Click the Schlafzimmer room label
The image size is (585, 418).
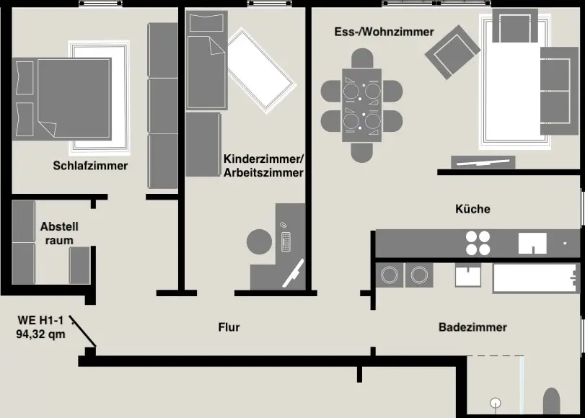click(x=90, y=166)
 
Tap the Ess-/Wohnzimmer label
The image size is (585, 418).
click(x=384, y=32)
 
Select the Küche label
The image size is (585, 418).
click(x=472, y=209)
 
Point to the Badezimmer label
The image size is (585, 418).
click(x=472, y=327)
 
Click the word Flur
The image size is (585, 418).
click(x=229, y=327)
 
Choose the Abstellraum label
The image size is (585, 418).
click(x=59, y=233)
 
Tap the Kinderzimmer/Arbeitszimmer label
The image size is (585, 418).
click(x=263, y=166)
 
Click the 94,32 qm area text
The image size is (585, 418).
click(x=40, y=334)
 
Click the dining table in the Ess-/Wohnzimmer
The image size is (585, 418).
click(x=361, y=105)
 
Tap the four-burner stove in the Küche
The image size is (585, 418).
click(x=478, y=243)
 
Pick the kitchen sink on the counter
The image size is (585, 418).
click(x=532, y=244)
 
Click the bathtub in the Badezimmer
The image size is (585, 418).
click(x=535, y=277)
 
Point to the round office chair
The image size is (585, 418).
click(x=260, y=241)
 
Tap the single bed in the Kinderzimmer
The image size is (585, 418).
click(x=206, y=61)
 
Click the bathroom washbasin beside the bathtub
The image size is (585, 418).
click(x=468, y=275)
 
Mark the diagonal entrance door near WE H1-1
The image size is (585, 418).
click(x=83, y=333)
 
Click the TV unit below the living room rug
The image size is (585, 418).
click(x=482, y=161)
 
